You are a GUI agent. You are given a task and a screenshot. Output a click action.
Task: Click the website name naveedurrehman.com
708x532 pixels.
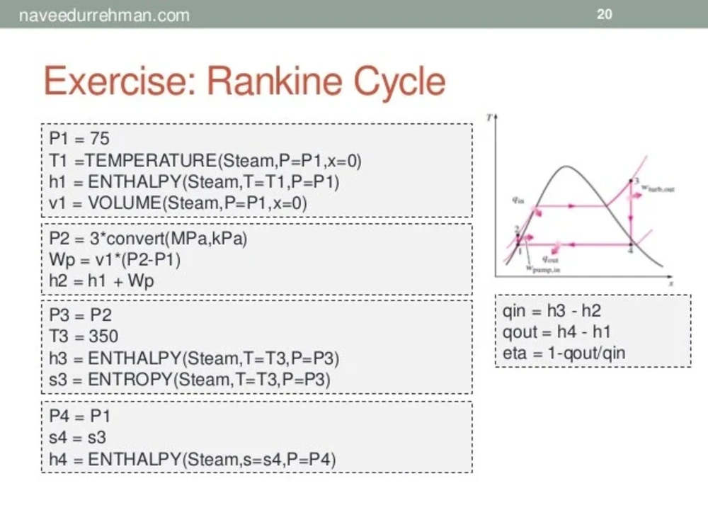(104, 15)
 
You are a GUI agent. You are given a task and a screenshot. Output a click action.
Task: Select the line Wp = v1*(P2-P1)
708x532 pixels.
(115, 260)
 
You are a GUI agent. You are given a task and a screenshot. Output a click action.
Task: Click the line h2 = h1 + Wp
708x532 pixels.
(101, 281)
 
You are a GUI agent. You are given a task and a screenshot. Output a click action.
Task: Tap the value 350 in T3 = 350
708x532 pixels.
(103, 336)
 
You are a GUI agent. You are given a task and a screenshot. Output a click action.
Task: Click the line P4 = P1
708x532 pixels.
(79, 417)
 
